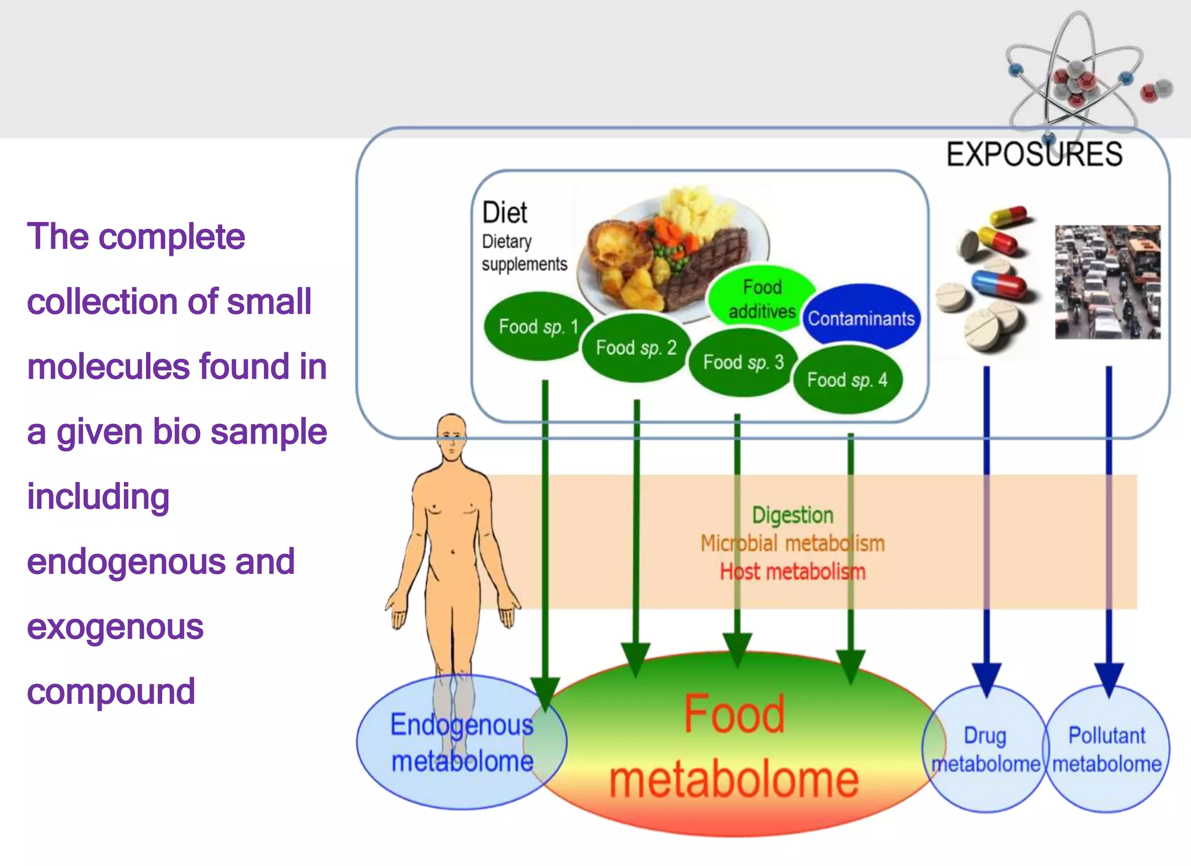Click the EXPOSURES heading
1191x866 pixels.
pyautogui.click(x=1034, y=155)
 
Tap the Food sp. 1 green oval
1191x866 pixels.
pyautogui.click(x=538, y=326)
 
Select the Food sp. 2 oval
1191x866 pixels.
pyautogui.click(x=636, y=348)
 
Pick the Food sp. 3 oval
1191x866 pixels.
pyautogui.click(x=743, y=362)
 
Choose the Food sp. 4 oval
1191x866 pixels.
pyautogui.click(x=847, y=380)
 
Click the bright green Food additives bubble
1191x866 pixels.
pyautogui.click(x=761, y=298)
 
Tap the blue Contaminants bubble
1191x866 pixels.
pyautogui.click(x=861, y=318)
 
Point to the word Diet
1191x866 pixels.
pyautogui.click(x=504, y=213)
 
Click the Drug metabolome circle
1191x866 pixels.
pyautogui.click(x=985, y=749)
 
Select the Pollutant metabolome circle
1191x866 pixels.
pyautogui.click(x=1107, y=749)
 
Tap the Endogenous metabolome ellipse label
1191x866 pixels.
pyautogui.click(x=461, y=743)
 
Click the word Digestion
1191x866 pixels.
pyautogui.click(x=792, y=515)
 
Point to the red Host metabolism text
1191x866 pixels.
pyautogui.click(x=792, y=572)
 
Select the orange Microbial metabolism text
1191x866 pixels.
pyautogui.click(x=792, y=543)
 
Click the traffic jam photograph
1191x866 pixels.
pyautogui.click(x=1107, y=282)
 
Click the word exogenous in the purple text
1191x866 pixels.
pyautogui.click(x=115, y=627)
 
